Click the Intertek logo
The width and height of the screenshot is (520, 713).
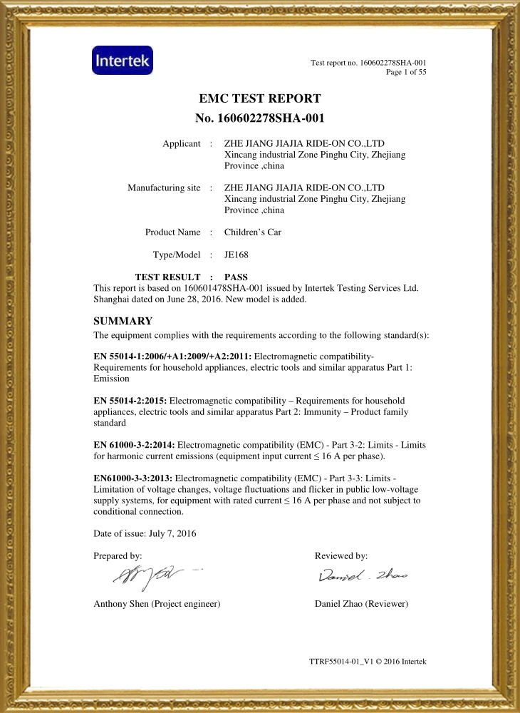[x=123, y=61]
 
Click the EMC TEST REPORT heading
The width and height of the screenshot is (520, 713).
[x=260, y=98]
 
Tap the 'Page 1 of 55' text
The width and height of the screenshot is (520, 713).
[x=406, y=72]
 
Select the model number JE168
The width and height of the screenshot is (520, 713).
[x=236, y=255]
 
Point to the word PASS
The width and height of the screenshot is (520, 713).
[x=236, y=277]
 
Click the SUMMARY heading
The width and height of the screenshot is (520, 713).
[x=123, y=321]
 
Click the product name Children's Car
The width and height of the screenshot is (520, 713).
[x=253, y=232]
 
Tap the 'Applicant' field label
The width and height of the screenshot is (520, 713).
[x=182, y=144]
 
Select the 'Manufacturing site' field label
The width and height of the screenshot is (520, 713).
[x=164, y=188]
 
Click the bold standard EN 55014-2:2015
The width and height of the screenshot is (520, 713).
[x=130, y=401]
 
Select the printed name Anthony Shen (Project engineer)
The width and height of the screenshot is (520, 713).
[x=157, y=604]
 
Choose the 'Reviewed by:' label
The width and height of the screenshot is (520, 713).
[x=341, y=555]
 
